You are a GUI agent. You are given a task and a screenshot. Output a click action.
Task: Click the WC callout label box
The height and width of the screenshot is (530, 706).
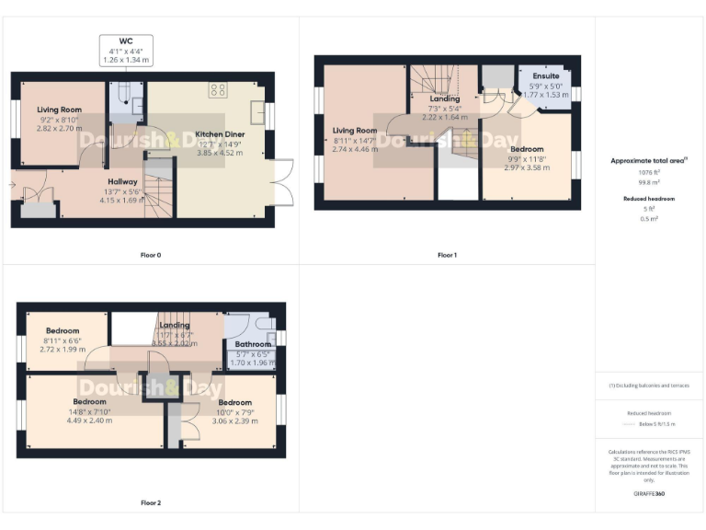(126, 51)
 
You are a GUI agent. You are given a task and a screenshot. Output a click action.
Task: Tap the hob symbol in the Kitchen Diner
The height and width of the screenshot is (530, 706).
(218, 90)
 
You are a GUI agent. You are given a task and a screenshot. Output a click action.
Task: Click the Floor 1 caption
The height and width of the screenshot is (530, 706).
(447, 254)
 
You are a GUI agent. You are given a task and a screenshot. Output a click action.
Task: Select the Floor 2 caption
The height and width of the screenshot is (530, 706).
(151, 502)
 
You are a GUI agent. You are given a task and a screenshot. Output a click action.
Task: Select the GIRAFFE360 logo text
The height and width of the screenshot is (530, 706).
(649, 494)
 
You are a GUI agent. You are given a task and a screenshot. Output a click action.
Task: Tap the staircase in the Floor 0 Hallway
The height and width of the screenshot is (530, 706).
(160, 190)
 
